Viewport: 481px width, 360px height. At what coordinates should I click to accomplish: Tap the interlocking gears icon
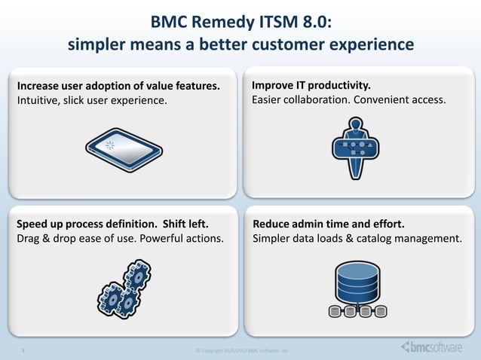[125, 288]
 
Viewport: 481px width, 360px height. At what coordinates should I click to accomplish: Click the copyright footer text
[241, 351]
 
